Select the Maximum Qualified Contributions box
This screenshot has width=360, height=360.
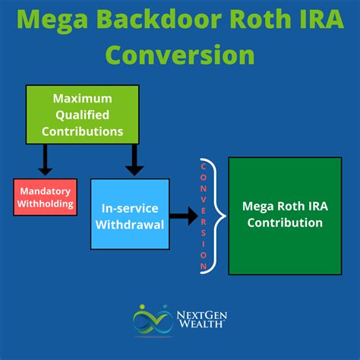(83, 115)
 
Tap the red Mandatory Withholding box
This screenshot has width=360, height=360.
(46, 197)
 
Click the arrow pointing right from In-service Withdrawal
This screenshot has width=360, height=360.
(182, 216)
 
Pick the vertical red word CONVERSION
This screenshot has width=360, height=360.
(204, 216)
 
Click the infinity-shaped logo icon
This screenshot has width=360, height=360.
(152, 320)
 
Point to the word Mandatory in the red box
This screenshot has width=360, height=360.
(46, 192)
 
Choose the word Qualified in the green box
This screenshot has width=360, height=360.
(83, 115)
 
